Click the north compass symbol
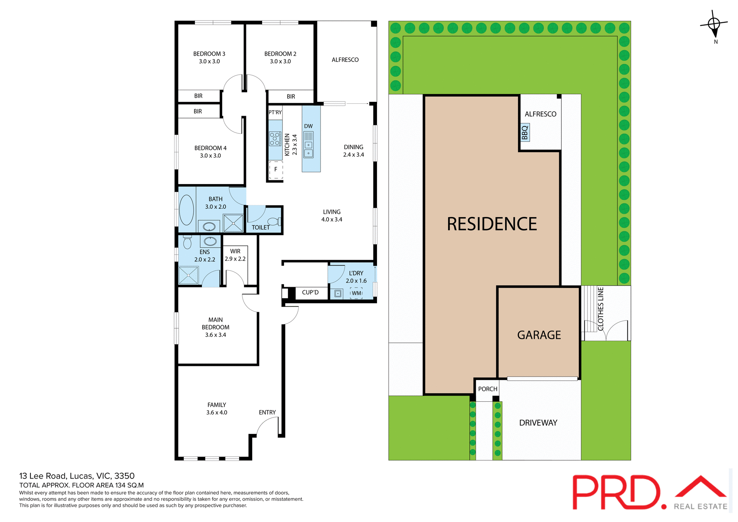pos(714,25)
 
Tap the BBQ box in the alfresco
pos(525,133)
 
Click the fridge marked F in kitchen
pos(276,170)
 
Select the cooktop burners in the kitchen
pos(275,139)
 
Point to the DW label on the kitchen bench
pos(308,126)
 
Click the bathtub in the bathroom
pos(187,210)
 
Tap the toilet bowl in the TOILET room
pos(274,221)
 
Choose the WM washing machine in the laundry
pos(356,293)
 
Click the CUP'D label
pos(310,293)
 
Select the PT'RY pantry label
pos(275,112)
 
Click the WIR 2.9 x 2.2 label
pos(235,255)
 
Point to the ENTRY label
pos(267,412)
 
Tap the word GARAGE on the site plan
pos(539,335)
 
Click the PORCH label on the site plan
pos(487,389)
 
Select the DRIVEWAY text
pos(538,423)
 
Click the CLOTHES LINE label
pos(601,309)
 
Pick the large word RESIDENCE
pos(492,224)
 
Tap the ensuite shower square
pos(188,275)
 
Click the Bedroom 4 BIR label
pos(198,111)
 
